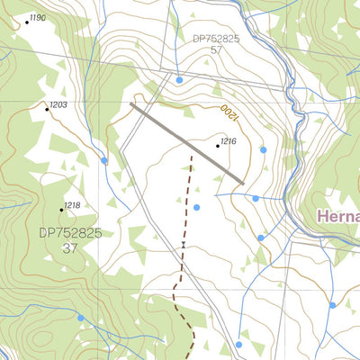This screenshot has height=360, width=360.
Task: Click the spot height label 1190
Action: (x=38, y=18)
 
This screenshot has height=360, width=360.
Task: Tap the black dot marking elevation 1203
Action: (x=47, y=110)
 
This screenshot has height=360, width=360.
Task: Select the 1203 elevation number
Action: (x=58, y=105)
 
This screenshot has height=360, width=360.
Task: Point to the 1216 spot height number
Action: (x=229, y=141)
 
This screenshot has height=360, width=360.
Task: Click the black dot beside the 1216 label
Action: (x=218, y=145)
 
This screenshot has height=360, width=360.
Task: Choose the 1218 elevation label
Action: (x=72, y=205)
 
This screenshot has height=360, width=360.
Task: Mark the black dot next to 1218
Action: (x=61, y=210)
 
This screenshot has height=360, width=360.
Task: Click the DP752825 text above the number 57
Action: (x=216, y=39)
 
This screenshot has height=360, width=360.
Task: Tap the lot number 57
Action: (x=216, y=51)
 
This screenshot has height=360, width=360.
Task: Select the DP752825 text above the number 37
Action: (x=70, y=232)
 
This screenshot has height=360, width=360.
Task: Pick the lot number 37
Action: (x=69, y=247)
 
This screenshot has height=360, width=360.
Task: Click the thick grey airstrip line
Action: (x=186, y=143)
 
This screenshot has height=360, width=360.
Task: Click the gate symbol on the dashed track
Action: (x=183, y=244)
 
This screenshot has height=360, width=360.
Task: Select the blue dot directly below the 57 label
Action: (x=179, y=80)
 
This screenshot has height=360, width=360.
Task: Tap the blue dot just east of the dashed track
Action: (x=196, y=208)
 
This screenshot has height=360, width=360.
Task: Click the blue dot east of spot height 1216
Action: (x=264, y=149)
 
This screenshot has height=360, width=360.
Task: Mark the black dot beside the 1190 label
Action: (x=26, y=22)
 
